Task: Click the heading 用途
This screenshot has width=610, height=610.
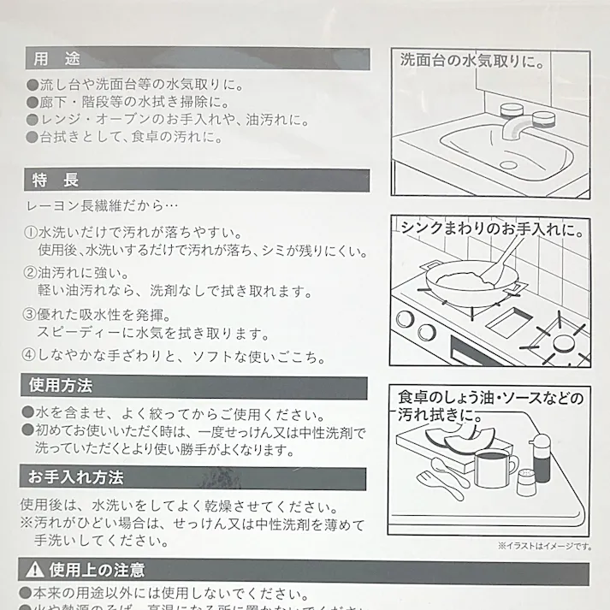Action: pos(56,59)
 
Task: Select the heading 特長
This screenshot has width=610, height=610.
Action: pos(56,180)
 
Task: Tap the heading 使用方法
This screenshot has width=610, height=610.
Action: pos(61,386)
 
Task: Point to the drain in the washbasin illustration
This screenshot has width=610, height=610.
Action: pos(508,162)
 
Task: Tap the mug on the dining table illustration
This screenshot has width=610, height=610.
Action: pos(491,470)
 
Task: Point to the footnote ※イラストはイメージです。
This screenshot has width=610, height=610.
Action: pos(543,545)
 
